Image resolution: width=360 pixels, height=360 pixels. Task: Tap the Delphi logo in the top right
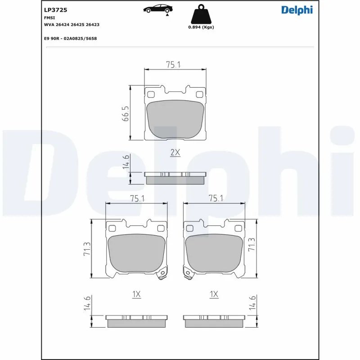point(297,9)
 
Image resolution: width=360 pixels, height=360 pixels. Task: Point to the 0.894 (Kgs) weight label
point(201,27)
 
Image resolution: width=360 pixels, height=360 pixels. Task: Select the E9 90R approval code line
point(70,38)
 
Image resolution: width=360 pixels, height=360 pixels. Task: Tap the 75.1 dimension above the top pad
point(173,65)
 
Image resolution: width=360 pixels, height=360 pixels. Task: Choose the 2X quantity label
point(175,153)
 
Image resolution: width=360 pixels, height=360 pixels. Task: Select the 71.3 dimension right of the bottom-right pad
point(252,244)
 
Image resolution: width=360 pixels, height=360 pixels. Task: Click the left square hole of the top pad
point(151,94)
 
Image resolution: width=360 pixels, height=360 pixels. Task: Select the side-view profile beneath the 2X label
point(175,178)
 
